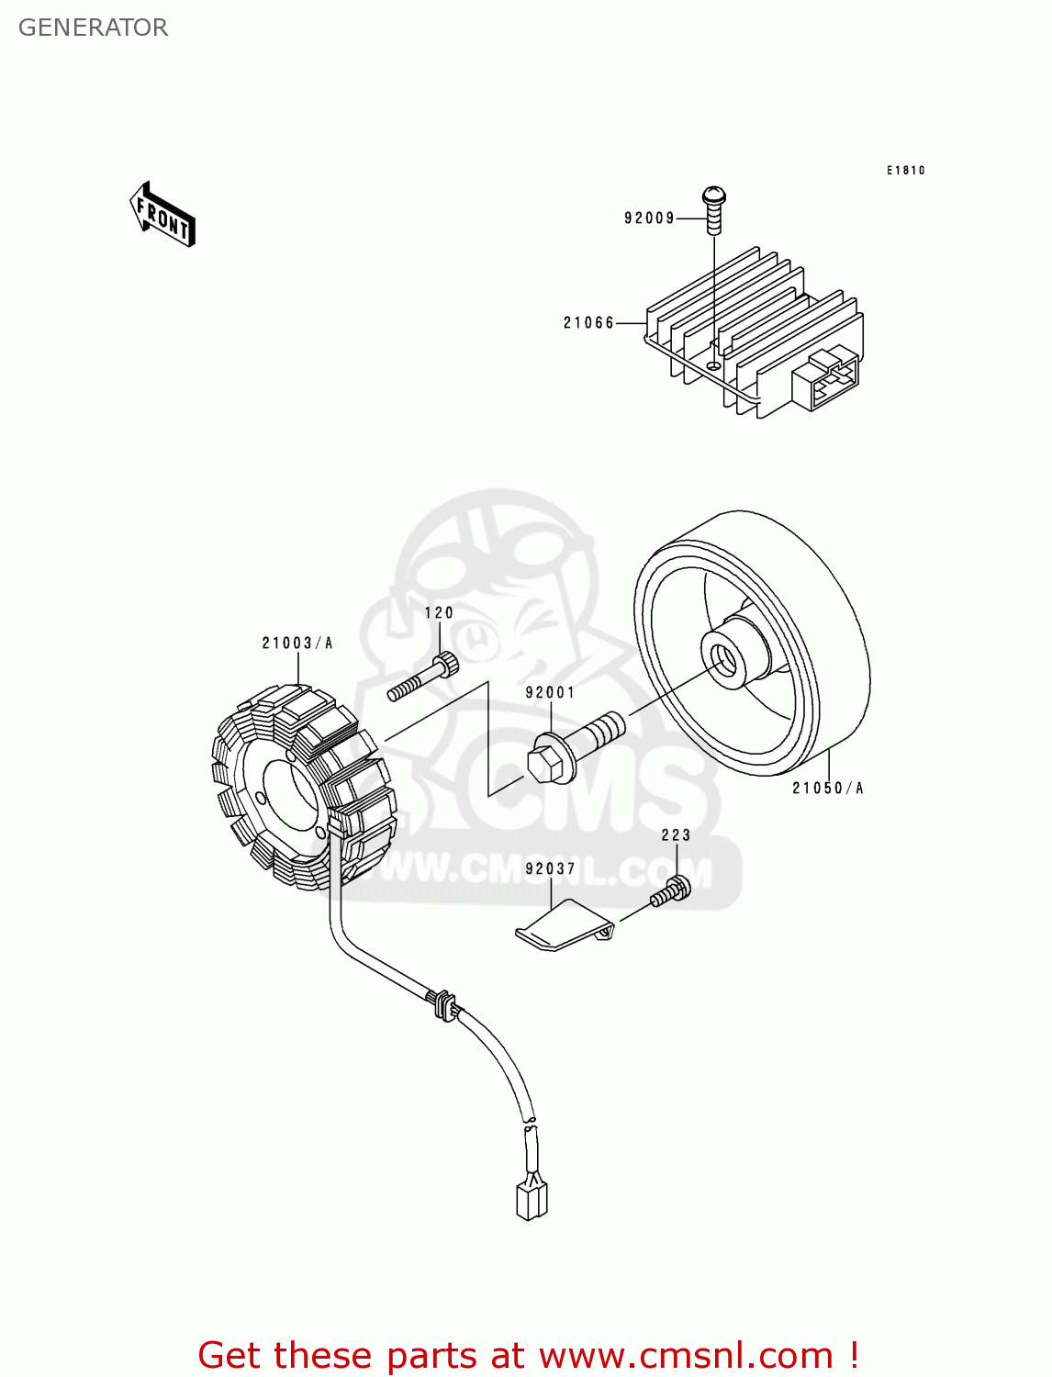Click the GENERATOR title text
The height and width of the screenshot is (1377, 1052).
pos(93,28)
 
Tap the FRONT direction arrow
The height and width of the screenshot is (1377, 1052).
pos(162,215)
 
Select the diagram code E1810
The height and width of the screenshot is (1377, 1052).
pos(905,171)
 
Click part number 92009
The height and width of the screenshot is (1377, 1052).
pos(649,218)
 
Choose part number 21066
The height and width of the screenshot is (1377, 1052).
pos(588,323)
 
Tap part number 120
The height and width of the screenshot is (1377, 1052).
pos(439,613)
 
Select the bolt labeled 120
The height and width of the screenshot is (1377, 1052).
pos(425,677)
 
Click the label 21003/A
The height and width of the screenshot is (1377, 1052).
pos(297,644)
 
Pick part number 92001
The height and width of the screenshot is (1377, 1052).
pos(550,693)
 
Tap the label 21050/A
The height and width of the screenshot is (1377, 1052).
pos(828,789)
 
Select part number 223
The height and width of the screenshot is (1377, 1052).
pos(676,835)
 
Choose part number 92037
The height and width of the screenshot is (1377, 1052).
pos(550,869)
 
